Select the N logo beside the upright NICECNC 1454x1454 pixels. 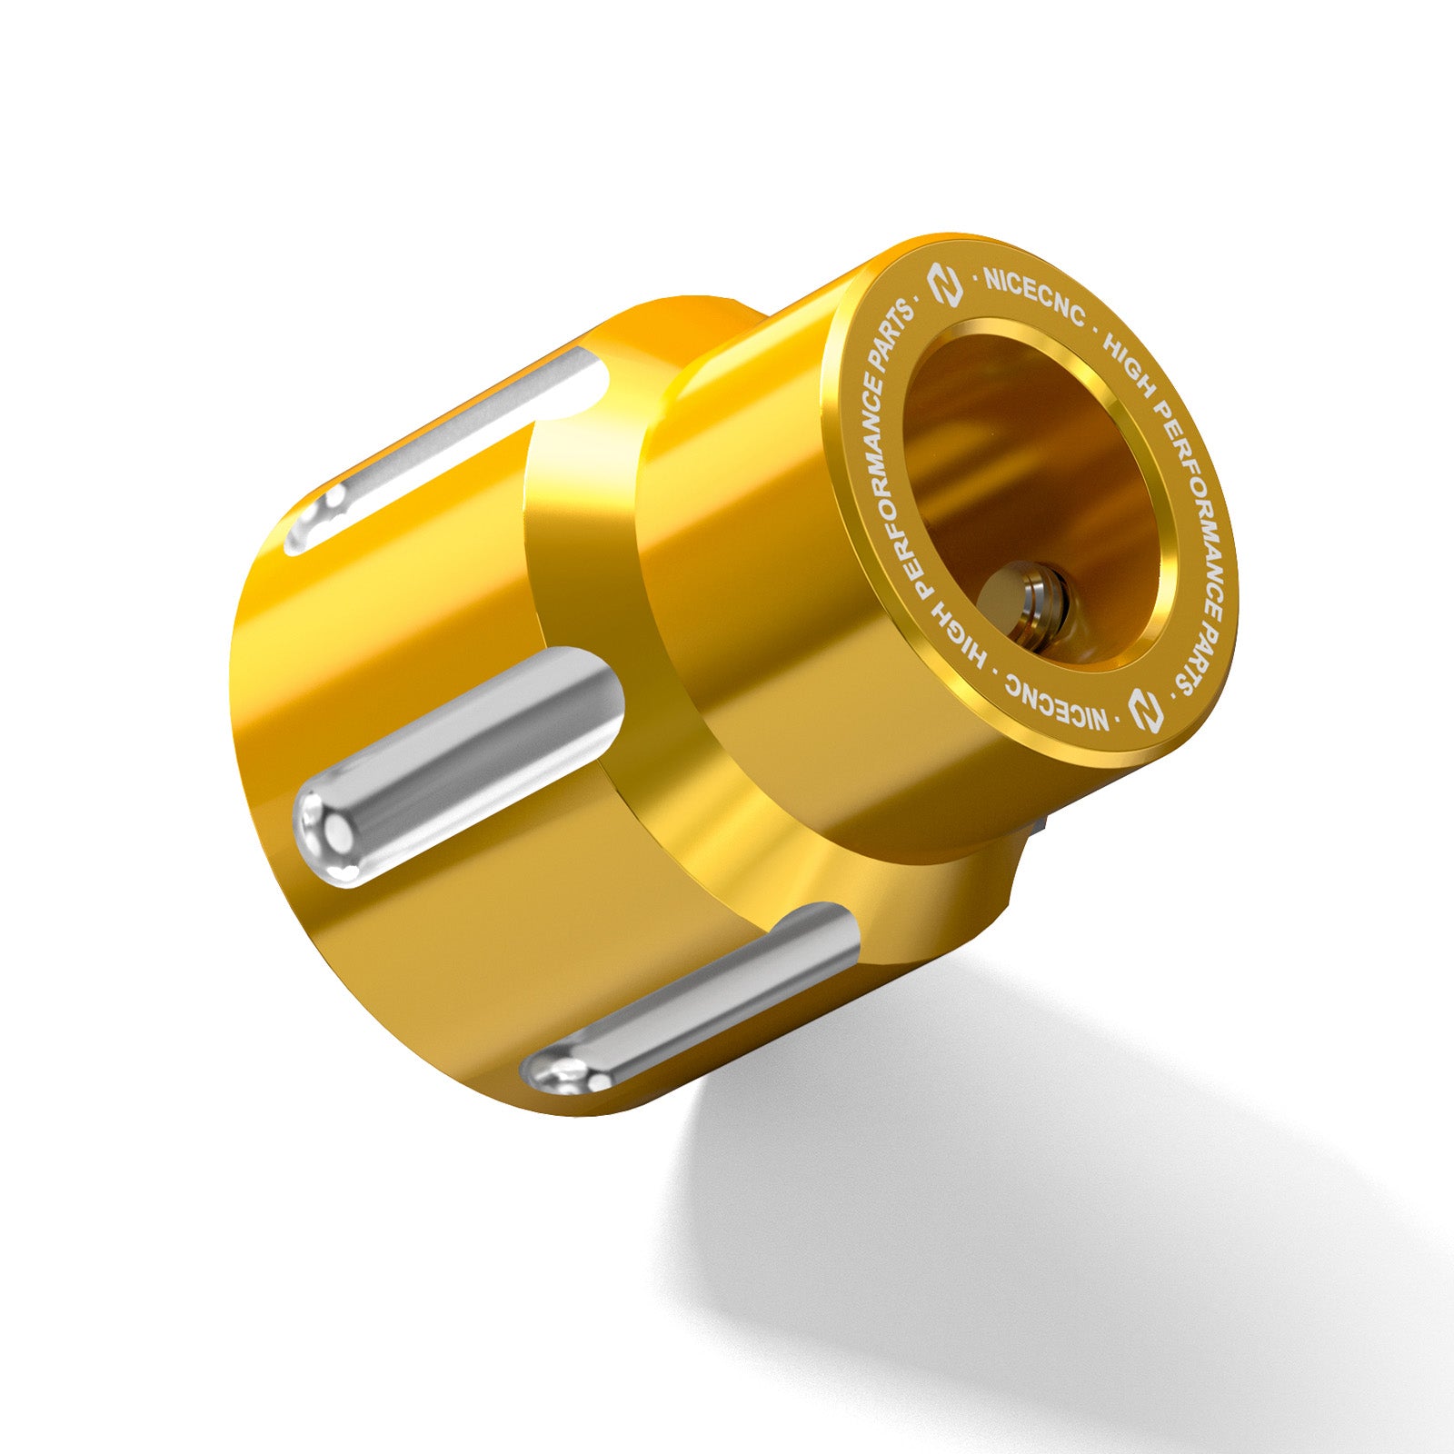click(943, 286)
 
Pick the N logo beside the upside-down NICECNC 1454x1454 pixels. click(1147, 710)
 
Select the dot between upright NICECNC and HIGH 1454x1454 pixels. click(1096, 326)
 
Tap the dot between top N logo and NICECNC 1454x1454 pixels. click(976, 279)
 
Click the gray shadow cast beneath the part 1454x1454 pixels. click(1045, 1227)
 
